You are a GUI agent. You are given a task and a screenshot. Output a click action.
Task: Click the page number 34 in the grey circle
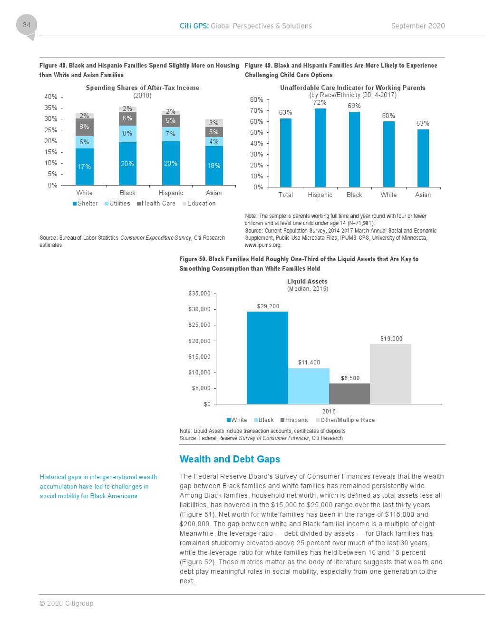pos(27,25)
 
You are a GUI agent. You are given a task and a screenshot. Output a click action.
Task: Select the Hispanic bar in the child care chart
pos(320,147)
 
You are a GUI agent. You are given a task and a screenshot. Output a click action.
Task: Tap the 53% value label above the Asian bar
pos(423,123)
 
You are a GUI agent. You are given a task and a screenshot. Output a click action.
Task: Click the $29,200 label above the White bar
pos(268,306)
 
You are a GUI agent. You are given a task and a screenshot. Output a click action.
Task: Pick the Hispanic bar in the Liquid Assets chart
pos(349,393)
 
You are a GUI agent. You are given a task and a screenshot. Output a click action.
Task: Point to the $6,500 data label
pos(350,378)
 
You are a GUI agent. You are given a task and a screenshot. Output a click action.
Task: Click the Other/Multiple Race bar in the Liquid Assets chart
pos(390,374)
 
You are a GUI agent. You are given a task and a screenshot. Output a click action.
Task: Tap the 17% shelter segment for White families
pos(84,167)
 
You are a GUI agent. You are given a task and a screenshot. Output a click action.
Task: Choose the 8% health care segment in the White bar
pos(84,127)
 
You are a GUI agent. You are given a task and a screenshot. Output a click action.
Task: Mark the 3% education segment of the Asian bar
pos(214,123)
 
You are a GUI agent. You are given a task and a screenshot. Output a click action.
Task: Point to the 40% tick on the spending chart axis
pos(51,97)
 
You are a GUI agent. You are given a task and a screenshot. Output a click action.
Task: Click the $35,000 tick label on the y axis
pos(199,294)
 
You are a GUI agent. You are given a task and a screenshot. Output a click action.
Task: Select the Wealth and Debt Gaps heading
pos(230,459)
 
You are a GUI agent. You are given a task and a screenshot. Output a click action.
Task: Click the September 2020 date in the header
pos(418,26)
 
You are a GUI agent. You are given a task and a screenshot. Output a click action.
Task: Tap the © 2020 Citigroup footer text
pos(66,603)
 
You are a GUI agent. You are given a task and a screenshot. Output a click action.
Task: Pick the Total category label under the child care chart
pos(286,195)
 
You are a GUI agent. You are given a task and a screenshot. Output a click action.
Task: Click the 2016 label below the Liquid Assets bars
pos(329,412)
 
